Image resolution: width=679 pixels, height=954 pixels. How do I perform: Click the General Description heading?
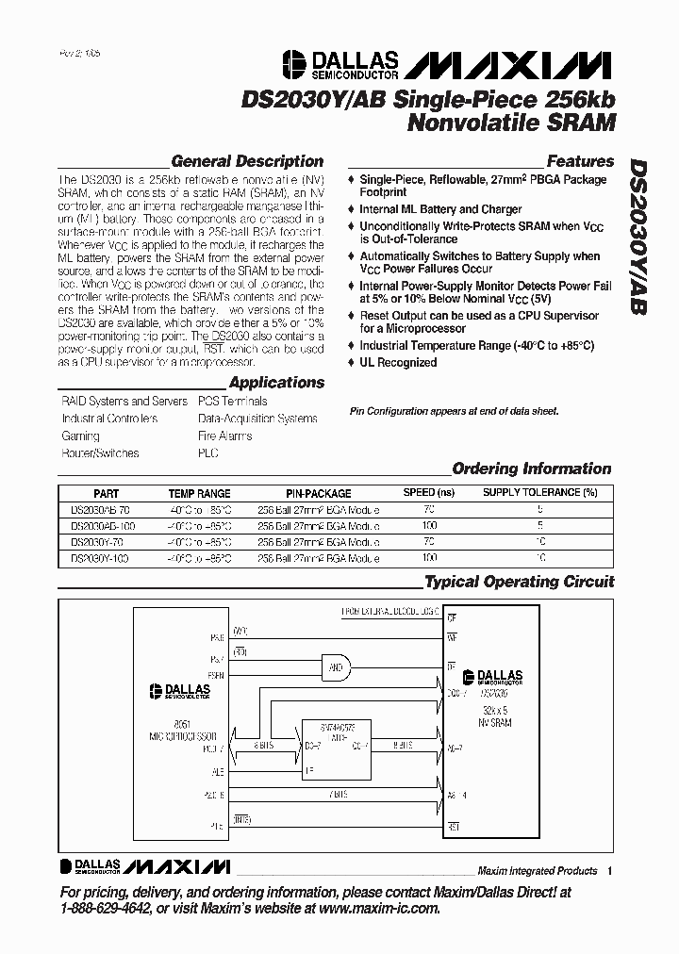[247, 161]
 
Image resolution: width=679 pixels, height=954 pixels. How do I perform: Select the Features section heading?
[580, 161]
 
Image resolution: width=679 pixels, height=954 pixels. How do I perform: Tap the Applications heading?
[276, 383]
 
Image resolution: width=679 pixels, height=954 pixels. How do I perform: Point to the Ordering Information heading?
[532, 469]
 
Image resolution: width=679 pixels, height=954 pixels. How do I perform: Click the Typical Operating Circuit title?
[519, 582]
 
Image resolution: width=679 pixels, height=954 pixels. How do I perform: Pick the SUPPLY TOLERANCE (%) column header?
[539, 493]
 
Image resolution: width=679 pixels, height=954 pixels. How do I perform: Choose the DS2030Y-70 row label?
[99, 542]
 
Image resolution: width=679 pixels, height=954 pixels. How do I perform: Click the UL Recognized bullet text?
[398, 363]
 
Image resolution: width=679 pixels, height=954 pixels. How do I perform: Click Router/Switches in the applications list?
[100, 453]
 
